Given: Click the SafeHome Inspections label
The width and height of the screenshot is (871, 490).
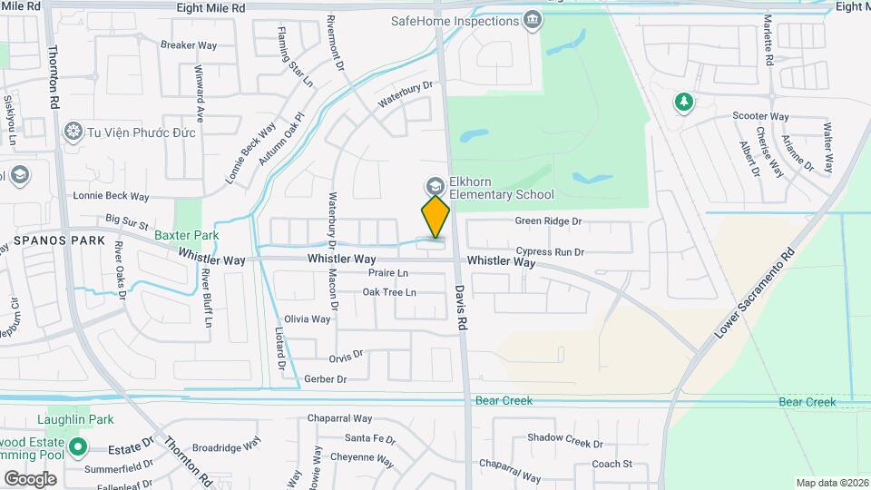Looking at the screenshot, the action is point(455,20).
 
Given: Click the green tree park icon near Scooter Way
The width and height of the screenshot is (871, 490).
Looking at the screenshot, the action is point(683,103).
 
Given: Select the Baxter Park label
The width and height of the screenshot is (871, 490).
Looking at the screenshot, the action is point(186,235).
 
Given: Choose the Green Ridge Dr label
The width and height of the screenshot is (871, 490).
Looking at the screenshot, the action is point(548,221).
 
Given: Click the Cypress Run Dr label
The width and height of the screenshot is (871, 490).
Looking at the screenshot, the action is point(550,251).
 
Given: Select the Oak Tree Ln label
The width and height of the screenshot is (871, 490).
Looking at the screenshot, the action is point(389,292).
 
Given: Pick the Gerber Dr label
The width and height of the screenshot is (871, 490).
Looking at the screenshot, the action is point(326,378).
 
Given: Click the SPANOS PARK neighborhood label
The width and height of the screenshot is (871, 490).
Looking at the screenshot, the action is point(47,242).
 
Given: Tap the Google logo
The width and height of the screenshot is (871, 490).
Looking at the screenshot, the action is point(30,478).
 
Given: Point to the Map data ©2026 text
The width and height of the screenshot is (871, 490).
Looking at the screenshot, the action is point(831,483).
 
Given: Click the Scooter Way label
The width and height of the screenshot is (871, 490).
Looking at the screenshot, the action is point(760,117).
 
